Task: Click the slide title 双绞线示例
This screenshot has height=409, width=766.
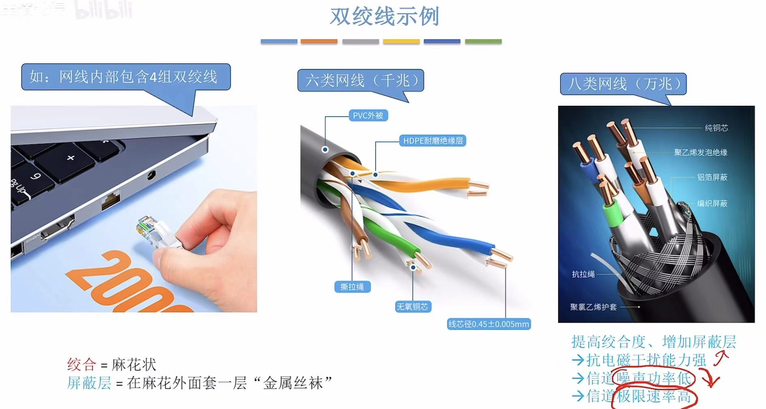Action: point(384,17)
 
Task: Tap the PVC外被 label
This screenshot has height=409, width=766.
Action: point(368,116)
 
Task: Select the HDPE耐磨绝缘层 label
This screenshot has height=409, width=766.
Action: point(433,141)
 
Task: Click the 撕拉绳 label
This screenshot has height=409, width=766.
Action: point(352,287)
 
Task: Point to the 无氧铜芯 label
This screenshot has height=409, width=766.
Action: point(412,307)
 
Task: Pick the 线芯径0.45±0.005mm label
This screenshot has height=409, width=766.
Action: point(489,324)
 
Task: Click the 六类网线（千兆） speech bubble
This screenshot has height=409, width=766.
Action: point(361,81)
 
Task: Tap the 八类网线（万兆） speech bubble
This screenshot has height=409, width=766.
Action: point(623,84)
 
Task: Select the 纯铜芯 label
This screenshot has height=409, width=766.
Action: point(716,128)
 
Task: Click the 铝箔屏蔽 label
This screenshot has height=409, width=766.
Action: point(712,177)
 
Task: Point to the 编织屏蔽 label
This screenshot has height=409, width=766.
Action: point(712,203)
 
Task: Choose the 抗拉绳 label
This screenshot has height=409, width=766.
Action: point(583,274)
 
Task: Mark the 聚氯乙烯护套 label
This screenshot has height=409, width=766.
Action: point(593,307)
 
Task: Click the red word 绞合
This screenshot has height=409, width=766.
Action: point(81,364)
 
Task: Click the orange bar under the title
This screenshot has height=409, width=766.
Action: point(319,41)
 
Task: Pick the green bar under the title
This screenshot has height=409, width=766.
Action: point(483,41)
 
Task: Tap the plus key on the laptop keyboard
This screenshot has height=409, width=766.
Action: point(71,158)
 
